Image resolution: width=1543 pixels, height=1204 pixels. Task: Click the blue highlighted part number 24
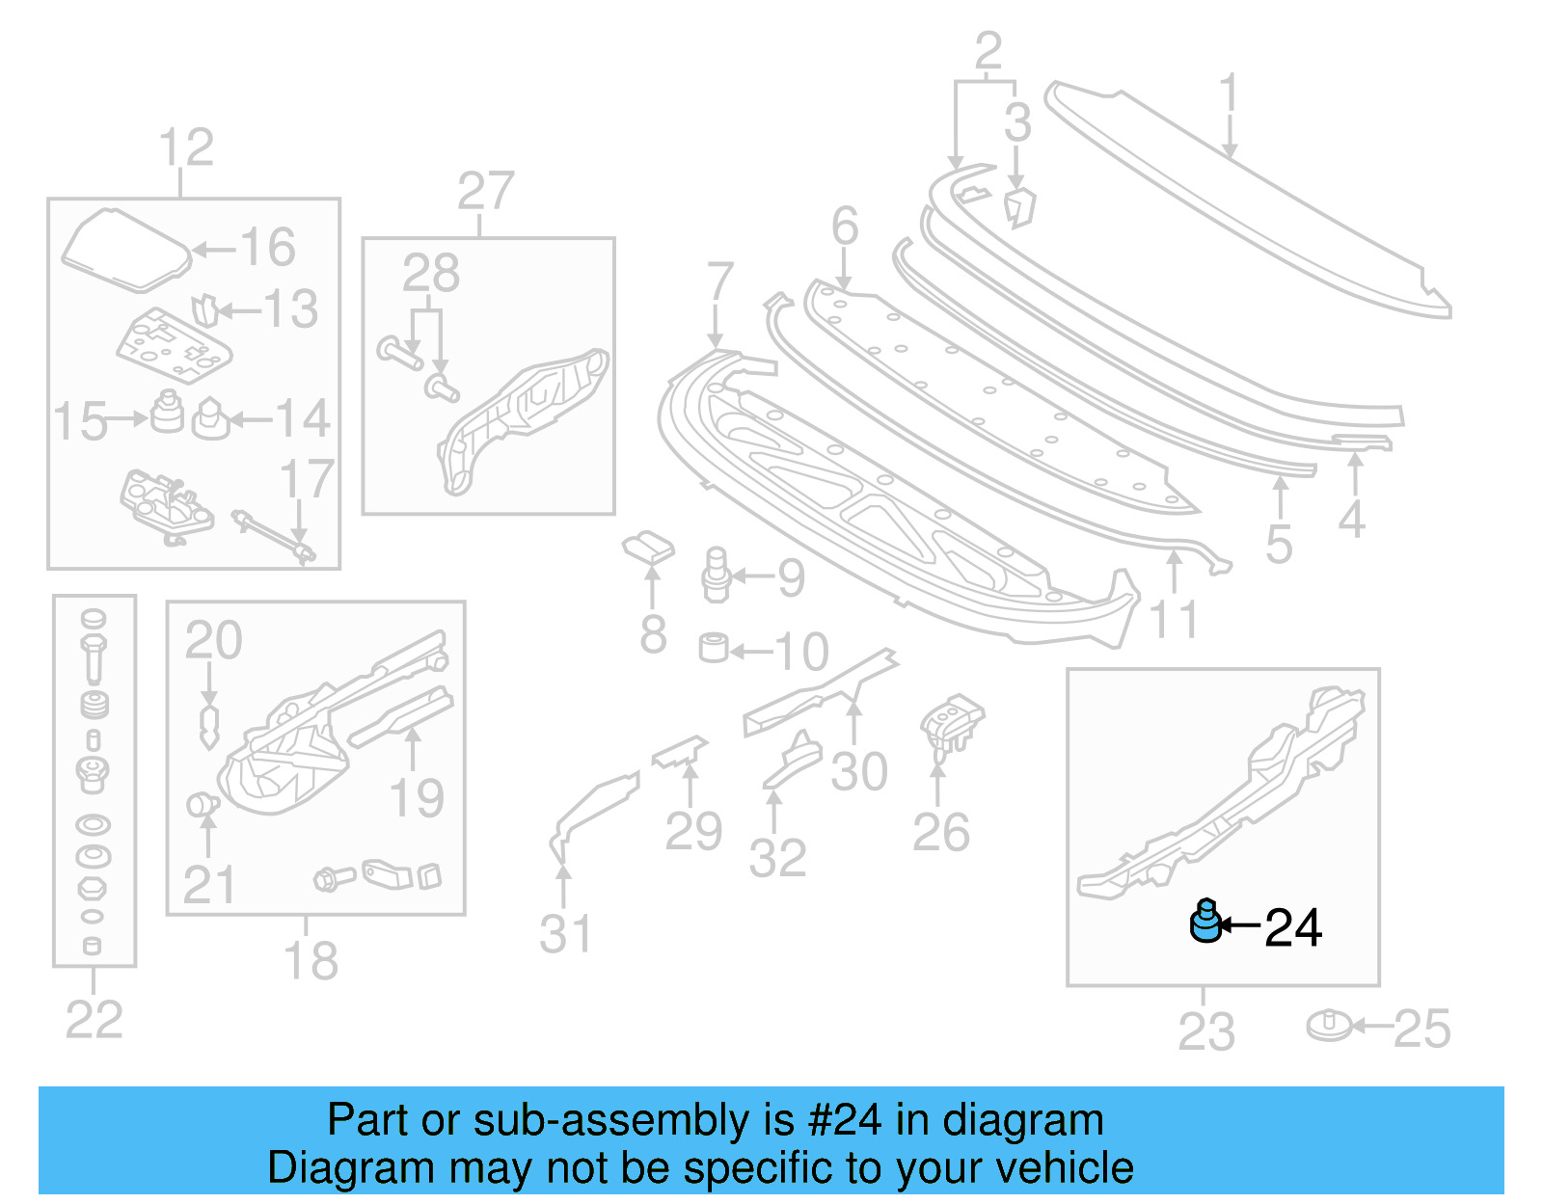tap(1205, 922)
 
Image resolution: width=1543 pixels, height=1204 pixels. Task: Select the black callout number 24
tap(1292, 927)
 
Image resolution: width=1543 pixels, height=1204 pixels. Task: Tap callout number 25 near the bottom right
tap(1421, 1029)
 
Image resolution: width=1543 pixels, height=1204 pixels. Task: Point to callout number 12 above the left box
tap(185, 147)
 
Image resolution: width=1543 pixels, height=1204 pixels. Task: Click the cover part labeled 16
tap(125, 250)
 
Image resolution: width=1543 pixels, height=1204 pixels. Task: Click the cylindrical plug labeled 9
tap(715, 575)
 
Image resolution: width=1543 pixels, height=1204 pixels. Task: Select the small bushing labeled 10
tap(714, 647)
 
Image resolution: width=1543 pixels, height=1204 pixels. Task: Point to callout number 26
tap(940, 831)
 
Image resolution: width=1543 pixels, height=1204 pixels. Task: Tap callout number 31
tap(565, 933)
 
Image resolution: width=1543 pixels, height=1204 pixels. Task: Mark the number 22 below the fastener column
tap(94, 1019)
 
